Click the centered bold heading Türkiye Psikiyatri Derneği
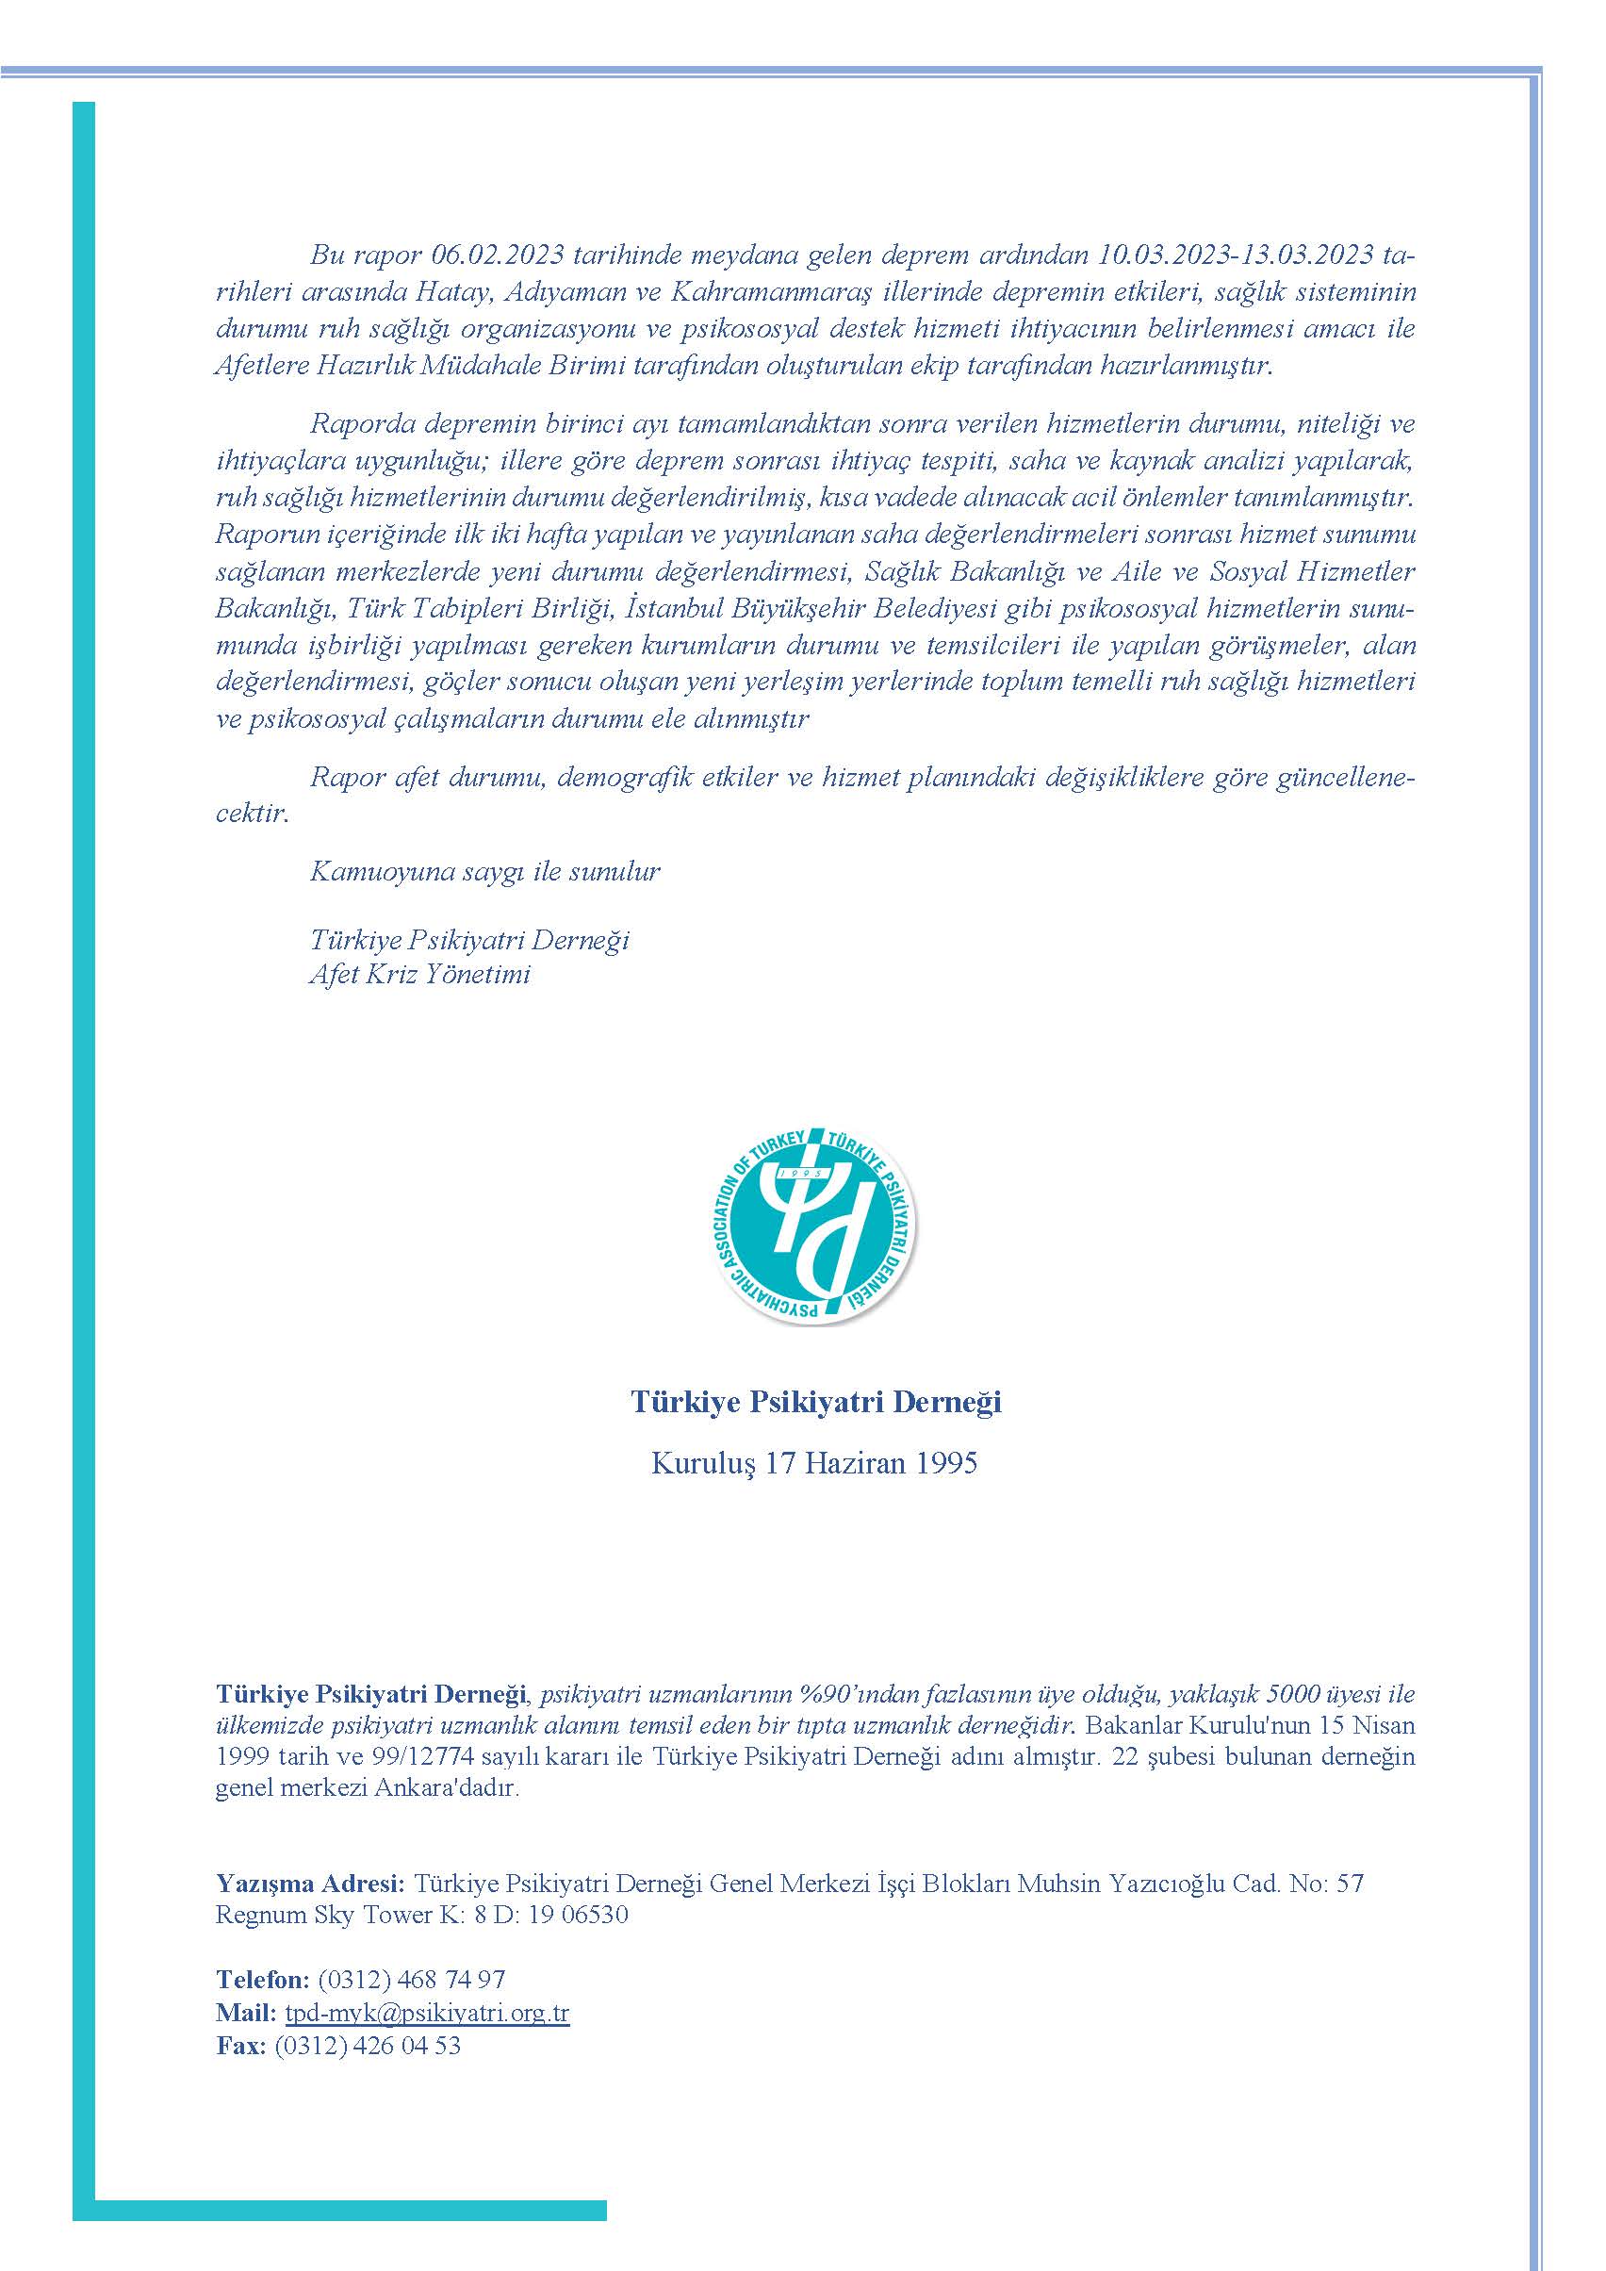816,1402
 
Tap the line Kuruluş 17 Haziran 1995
814,1463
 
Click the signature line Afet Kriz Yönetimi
420,974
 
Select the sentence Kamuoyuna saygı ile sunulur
484,871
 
